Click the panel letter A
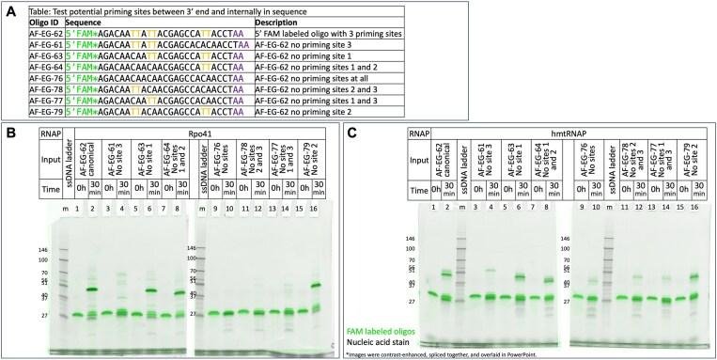coord(8,8)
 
